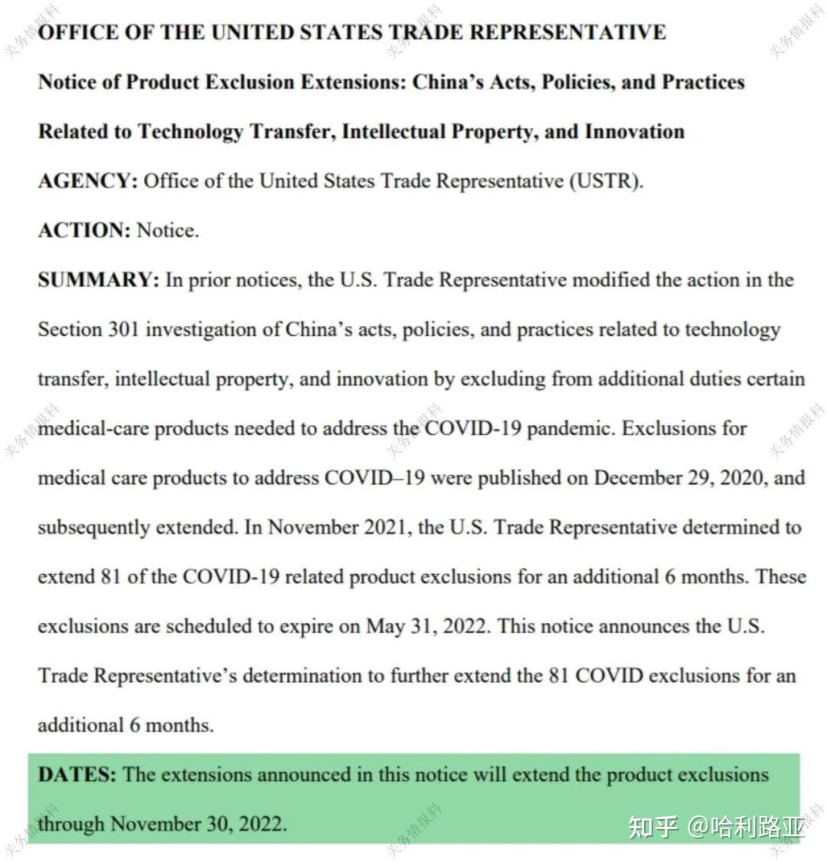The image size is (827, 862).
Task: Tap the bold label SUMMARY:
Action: pyautogui.click(x=98, y=280)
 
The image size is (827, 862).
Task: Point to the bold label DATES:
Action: pyautogui.click(x=77, y=775)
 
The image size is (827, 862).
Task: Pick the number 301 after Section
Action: pyautogui.click(x=123, y=330)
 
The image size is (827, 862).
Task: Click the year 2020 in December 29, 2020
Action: pyautogui.click(x=741, y=478)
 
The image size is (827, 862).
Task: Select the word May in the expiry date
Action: pyautogui.click(x=384, y=626)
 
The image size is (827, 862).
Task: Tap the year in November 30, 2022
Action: pyautogui.click(x=261, y=824)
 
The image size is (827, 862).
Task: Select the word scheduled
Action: pyautogui.click(x=208, y=626)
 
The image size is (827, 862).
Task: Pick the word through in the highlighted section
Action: pyautogui.click(x=71, y=824)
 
